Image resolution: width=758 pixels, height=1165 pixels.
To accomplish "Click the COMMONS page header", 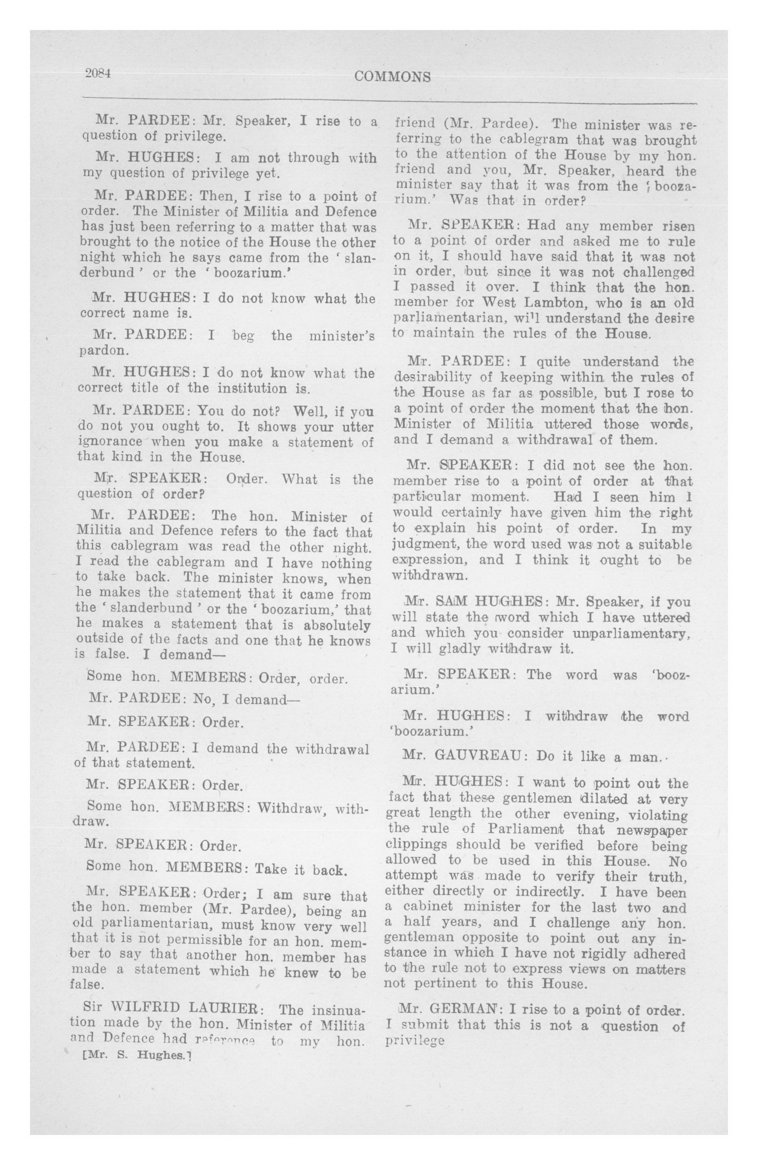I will click(x=392, y=77).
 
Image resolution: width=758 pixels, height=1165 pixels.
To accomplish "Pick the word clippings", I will click(x=416, y=845).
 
